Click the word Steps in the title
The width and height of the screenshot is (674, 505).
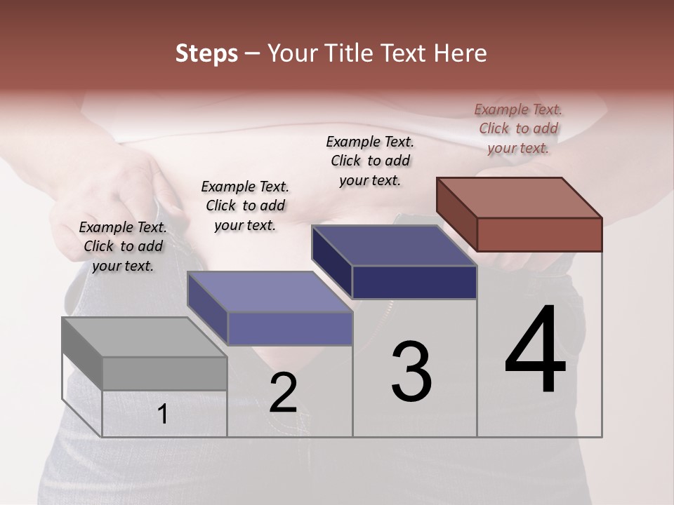206,54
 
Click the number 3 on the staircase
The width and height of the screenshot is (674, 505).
411,371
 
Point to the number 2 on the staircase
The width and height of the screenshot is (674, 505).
283,393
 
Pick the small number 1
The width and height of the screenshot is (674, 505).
163,415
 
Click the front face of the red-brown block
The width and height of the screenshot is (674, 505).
539,234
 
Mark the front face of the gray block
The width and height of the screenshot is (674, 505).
164,373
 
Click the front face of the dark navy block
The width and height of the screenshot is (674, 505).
414,282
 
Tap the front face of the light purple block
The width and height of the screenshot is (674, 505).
289,328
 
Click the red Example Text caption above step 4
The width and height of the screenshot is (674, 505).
518,128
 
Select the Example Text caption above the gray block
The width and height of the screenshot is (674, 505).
123,246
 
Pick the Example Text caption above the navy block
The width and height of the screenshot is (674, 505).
370,161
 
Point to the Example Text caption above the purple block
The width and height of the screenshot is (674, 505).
245,206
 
